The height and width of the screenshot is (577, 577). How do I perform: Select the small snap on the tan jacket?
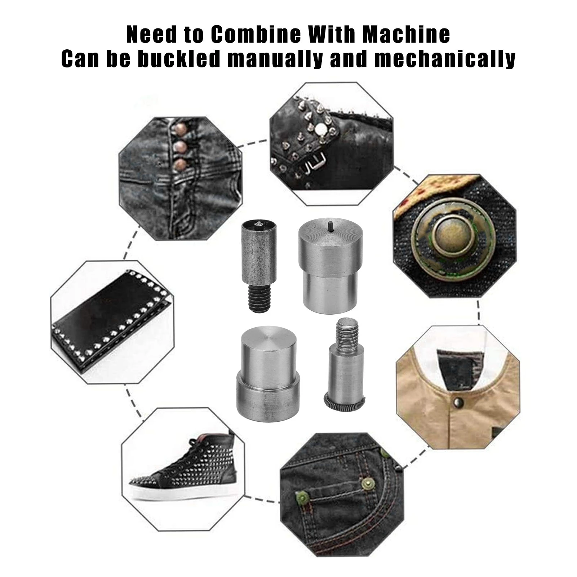pos(458,399)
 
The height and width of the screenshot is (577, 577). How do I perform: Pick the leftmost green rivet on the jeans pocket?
pos(302,498)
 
